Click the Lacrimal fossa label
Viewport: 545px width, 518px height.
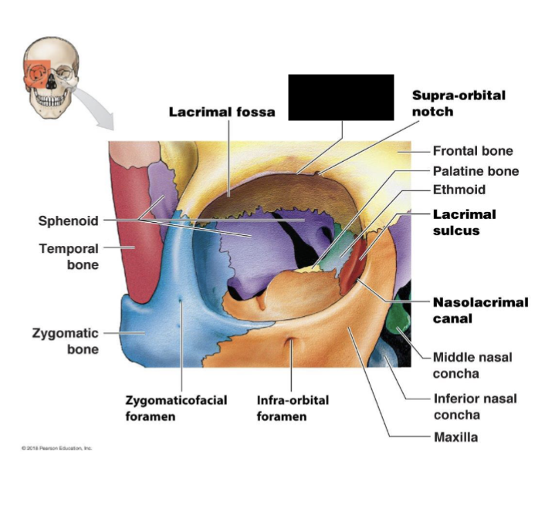[x=222, y=112]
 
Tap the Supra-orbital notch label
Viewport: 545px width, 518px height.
[x=459, y=103]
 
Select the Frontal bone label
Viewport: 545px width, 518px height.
[x=472, y=151]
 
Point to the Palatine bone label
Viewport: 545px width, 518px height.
[x=476, y=171]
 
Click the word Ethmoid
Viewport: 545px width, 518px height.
[x=459, y=190]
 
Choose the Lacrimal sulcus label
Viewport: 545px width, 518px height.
[x=464, y=222]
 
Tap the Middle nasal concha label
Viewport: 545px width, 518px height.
[x=472, y=365]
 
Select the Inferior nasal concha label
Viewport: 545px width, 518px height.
[x=474, y=406]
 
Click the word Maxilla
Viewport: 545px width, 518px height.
[x=455, y=438]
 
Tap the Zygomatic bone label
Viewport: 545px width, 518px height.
[x=65, y=341]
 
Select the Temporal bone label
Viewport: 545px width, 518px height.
[x=69, y=257]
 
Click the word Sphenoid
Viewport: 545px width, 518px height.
[x=69, y=221]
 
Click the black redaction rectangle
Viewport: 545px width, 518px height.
[x=340, y=97]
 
